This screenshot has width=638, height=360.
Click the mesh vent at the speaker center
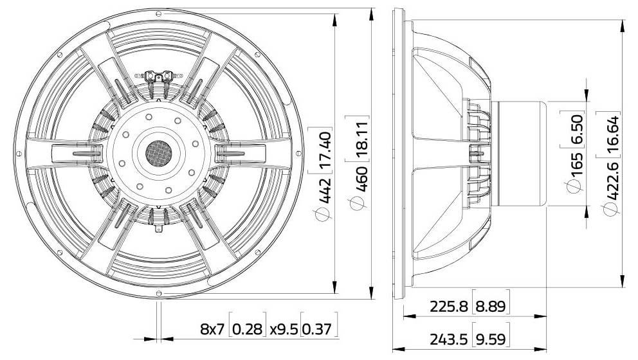158,152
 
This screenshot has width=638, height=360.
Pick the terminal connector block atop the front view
158,78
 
